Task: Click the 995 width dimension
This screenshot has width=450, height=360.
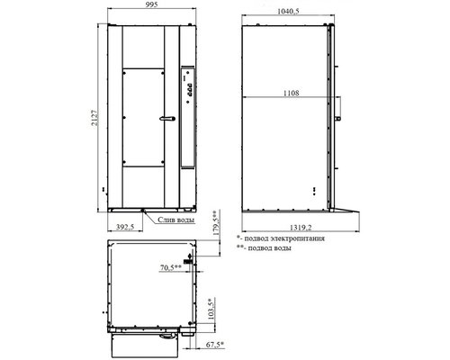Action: pos(152,4)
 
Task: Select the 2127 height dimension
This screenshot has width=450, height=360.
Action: pos(94,118)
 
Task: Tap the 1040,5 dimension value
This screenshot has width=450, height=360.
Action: pos(288,12)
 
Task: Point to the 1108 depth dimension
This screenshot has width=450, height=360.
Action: pos(292,93)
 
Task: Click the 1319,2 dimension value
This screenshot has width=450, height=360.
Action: pos(301,228)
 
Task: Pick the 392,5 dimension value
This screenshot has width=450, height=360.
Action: pos(125,227)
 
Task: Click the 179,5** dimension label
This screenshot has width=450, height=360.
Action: pos(216,222)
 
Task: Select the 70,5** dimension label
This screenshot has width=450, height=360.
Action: pos(171,267)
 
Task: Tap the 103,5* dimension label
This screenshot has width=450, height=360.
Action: pos(211,309)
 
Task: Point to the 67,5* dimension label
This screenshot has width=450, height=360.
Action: pos(215,345)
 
